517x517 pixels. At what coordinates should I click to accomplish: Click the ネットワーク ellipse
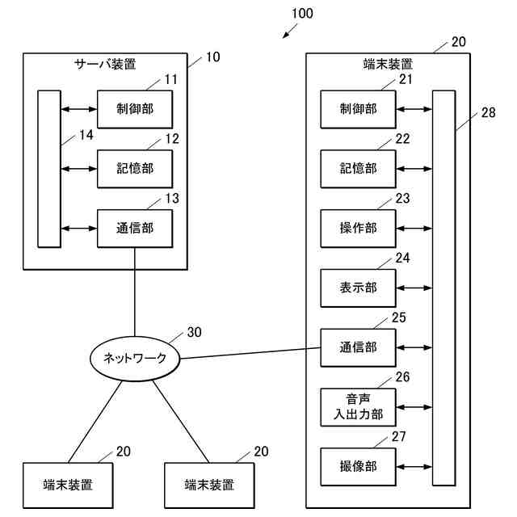(128, 359)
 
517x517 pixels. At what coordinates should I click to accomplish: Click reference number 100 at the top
(301, 14)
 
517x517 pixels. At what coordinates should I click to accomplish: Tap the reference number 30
(195, 332)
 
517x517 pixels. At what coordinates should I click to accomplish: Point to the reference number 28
(488, 113)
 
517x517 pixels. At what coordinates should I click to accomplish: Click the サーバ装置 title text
(105, 63)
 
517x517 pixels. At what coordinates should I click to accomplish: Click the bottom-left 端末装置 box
(67, 485)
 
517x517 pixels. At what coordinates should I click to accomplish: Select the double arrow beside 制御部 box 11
(78, 109)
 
